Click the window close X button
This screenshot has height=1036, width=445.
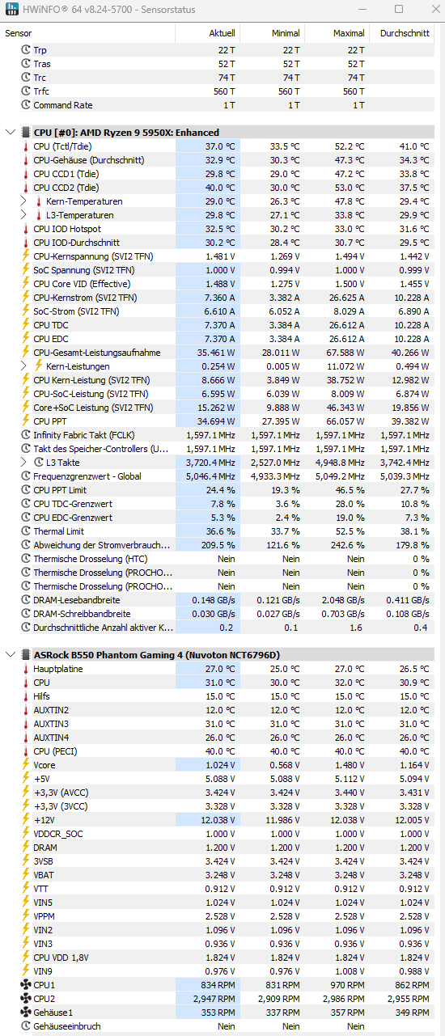[x=436, y=9]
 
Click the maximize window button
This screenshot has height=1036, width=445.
[x=399, y=9]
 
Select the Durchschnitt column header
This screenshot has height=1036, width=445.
[x=405, y=33]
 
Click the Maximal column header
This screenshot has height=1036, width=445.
[x=349, y=33]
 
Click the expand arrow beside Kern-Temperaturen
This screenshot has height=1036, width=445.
[x=24, y=201]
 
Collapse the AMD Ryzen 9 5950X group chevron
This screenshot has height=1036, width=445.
[x=11, y=133]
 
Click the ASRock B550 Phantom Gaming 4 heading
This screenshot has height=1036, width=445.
[x=157, y=655]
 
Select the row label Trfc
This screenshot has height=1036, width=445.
[x=41, y=91]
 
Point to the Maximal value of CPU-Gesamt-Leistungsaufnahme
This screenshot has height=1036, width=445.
[x=345, y=353]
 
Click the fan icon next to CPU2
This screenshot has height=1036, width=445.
[x=26, y=999]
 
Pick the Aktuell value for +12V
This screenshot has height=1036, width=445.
[x=218, y=820]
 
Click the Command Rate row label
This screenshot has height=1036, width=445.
[x=63, y=105]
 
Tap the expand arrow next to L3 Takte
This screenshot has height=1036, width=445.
[x=24, y=462]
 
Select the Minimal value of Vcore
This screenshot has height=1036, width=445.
[x=285, y=765]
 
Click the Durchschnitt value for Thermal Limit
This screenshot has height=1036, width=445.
[x=414, y=531]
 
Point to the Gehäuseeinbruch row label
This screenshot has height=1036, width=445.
[x=67, y=1026]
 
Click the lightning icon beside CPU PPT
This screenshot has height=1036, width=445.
[x=26, y=421]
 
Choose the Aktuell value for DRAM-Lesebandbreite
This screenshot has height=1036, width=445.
[x=214, y=600]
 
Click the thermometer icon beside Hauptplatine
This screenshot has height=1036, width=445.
[x=26, y=669]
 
